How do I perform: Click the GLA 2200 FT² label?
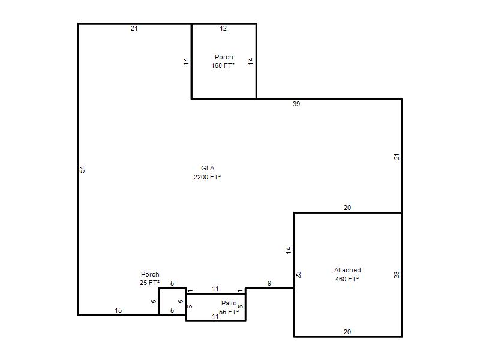(x=207, y=173)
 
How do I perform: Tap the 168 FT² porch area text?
(x=223, y=65)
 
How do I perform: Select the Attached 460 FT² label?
(x=347, y=275)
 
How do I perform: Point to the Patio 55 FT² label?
(x=229, y=308)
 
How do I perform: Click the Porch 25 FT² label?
(x=149, y=278)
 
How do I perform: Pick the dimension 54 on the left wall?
(x=82, y=169)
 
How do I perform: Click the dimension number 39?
(x=296, y=104)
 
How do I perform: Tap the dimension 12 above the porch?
(x=223, y=28)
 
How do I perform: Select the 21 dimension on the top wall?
(x=134, y=28)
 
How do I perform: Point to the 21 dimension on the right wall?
(x=397, y=157)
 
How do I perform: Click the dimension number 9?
(x=269, y=283)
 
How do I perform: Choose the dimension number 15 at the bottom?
(x=118, y=310)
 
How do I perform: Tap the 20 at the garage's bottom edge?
(x=347, y=332)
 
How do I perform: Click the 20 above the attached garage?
(x=347, y=208)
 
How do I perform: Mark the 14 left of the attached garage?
(x=289, y=250)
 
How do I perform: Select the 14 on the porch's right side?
(x=251, y=61)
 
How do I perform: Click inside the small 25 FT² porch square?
(x=173, y=302)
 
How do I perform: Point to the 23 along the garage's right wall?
(x=397, y=275)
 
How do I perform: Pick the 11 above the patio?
(x=215, y=289)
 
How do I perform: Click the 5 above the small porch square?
(x=172, y=283)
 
